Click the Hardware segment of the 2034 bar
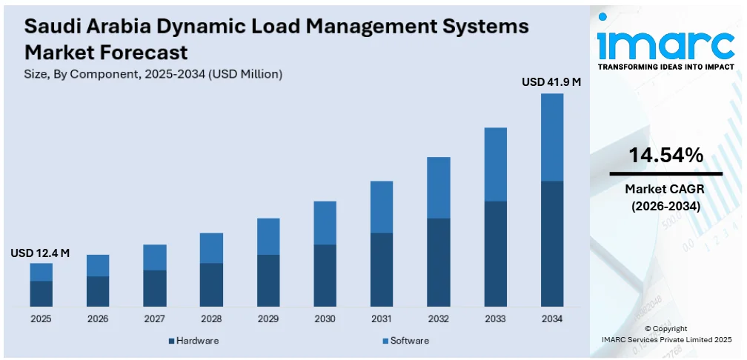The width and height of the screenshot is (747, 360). pyautogui.click(x=552, y=244)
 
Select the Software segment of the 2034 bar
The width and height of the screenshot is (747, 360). pyautogui.click(x=552, y=137)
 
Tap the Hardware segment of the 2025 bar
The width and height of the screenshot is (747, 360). pyautogui.click(x=41, y=293)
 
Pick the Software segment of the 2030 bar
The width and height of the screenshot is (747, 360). pyautogui.click(x=325, y=223)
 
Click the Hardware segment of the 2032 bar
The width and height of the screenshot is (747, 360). pyautogui.click(x=439, y=262)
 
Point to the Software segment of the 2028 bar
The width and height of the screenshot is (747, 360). pyautogui.click(x=211, y=248)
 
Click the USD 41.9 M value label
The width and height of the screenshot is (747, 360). pyautogui.click(x=551, y=82)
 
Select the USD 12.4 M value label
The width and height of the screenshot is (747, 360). pyautogui.click(x=40, y=253)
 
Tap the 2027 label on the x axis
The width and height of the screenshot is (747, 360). pyautogui.click(x=154, y=319)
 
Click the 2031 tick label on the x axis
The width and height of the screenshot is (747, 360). pyautogui.click(x=382, y=319)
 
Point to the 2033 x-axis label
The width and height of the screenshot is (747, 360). pyautogui.click(x=495, y=319)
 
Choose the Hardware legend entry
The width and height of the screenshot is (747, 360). pyautogui.click(x=194, y=341)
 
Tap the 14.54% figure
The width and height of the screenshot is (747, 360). pyautogui.click(x=665, y=156)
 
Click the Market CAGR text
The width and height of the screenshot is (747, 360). pyautogui.click(x=665, y=189)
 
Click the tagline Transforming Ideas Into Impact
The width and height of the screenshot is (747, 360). pyautogui.click(x=665, y=67)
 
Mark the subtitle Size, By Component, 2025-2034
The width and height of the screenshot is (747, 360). pyautogui.click(x=153, y=74)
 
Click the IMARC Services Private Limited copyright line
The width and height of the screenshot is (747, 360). pyautogui.click(x=665, y=339)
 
